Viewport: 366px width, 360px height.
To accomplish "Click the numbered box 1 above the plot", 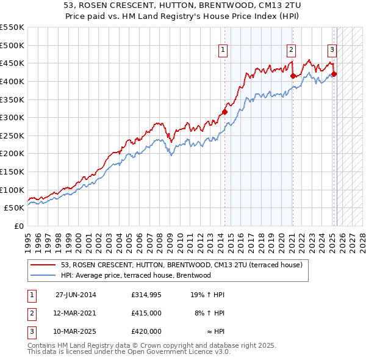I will click(x=223, y=51).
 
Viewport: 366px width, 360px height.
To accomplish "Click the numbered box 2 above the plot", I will click(x=292, y=51).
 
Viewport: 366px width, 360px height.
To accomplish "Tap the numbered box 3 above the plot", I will click(x=332, y=51).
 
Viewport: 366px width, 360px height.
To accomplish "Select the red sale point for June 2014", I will click(x=224, y=112).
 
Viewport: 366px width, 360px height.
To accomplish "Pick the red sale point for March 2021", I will click(x=293, y=76).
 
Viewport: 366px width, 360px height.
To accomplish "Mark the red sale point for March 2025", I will click(x=334, y=74).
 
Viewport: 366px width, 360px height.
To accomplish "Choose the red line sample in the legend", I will click(x=43, y=265).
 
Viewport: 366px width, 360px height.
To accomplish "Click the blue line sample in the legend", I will click(x=43, y=275).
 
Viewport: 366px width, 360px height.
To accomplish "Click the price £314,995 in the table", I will click(x=146, y=295).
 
